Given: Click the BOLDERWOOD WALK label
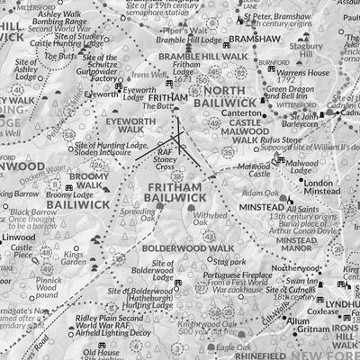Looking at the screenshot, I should point(175,247).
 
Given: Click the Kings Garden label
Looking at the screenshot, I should point(75,261).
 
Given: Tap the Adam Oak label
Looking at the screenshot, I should point(261,193).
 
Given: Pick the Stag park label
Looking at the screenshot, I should point(236,261).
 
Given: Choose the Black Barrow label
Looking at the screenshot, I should point(34,212).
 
